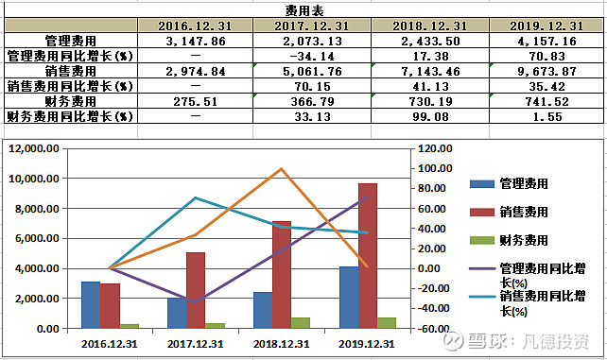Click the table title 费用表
coord(303,9)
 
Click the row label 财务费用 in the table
coord(70,100)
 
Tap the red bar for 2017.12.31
coord(195,290)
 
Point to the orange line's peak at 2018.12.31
coord(282,169)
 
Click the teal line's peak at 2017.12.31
coord(195,198)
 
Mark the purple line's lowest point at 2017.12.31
coord(195,301)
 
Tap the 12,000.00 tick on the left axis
coord(35,148)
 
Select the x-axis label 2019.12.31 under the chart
coord(367,344)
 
